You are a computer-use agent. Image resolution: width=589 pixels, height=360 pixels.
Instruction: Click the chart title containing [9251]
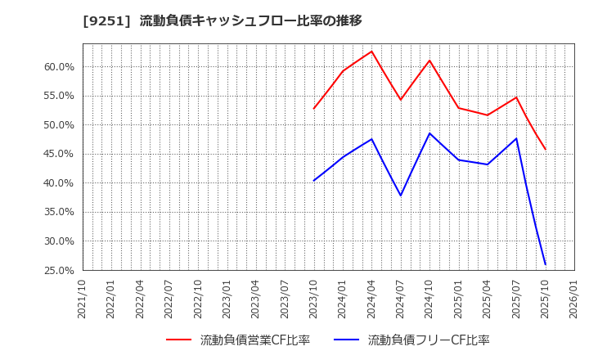223,20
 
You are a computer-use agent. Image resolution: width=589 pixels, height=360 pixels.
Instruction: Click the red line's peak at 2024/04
371,52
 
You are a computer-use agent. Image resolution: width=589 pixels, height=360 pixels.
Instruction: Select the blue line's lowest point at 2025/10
546,264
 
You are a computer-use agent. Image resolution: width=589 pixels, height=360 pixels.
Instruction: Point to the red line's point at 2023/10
314,109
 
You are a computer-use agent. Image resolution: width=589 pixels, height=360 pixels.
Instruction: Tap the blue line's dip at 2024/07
401,196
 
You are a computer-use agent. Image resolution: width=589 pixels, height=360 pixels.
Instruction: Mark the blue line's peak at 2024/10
429,133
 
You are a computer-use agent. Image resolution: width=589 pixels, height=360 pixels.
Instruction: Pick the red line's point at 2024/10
429,61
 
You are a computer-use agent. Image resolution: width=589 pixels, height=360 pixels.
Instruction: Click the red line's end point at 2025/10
546,150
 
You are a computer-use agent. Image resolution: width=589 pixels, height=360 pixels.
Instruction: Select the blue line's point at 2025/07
516,138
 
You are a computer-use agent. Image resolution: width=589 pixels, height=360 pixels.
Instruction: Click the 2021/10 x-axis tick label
82,299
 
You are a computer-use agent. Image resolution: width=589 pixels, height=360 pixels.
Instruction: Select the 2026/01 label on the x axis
574,299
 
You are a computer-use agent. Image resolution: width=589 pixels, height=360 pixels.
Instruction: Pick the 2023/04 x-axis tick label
256,299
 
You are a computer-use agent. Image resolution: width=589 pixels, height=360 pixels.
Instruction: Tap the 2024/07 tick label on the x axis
401,299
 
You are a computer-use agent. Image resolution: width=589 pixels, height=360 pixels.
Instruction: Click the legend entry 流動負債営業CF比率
255,340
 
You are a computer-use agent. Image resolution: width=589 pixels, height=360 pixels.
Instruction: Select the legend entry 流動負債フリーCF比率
429,340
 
